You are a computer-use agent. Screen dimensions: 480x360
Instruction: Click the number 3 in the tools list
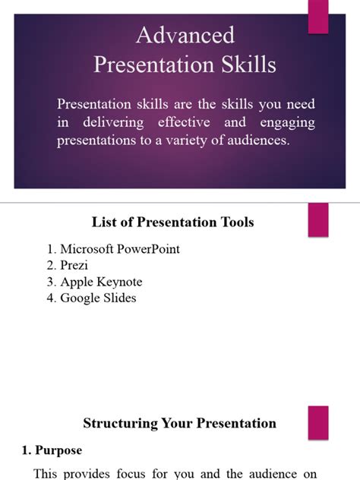[x=51, y=282]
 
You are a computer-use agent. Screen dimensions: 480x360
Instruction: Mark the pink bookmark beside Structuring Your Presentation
[x=317, y=422]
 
